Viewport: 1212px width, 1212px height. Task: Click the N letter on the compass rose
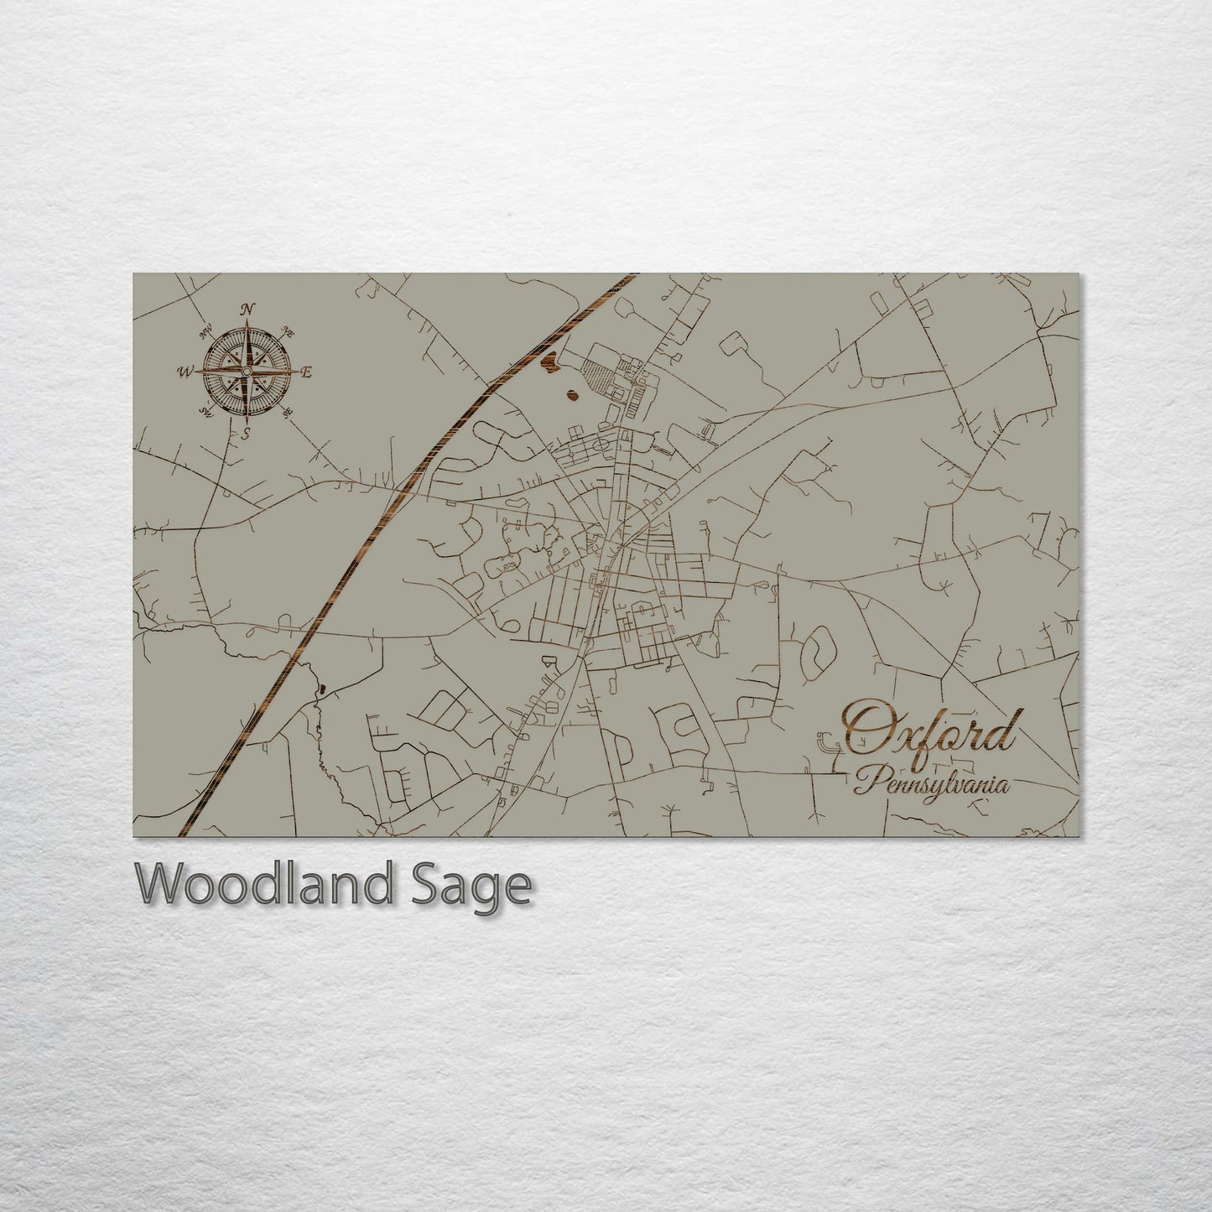(x=247, y=309)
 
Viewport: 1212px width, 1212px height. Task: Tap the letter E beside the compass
(x=307, y=372)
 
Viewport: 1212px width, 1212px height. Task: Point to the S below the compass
(x=246, y=434)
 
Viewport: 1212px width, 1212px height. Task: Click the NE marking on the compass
(x=289, y=330)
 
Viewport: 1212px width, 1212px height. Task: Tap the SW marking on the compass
(x=205, y=411)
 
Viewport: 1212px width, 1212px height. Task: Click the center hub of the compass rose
(x=247, y=372)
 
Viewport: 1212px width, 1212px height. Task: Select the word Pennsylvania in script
(x=931, y=785)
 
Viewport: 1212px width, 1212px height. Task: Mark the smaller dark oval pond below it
(x=572, y=395)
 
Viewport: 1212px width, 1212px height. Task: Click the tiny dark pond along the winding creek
(x=320, y=690)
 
